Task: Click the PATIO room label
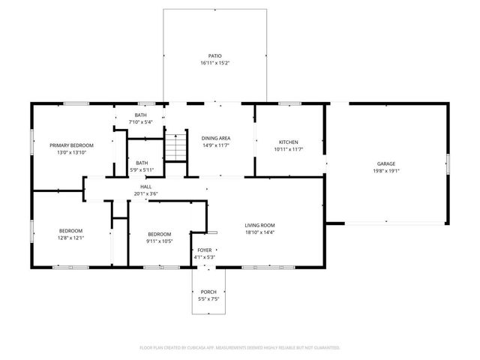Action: click(215, 55)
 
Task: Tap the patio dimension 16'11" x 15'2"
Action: click(215, 63)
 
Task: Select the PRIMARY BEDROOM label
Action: click(72, 145)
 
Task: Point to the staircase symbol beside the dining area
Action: click(174, 147)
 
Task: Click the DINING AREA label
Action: click(215, 138)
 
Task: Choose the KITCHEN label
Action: click(289, 142)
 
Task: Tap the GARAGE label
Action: click(385, 163)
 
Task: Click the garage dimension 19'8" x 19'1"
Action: click(385, 170)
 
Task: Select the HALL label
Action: click(145, 186)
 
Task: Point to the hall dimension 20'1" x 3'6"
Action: click(145, 193)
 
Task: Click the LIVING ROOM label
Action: click(260, 225)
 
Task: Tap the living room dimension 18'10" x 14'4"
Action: click(260, 232)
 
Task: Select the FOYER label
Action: click(205, 250)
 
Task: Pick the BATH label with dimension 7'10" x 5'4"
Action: click(140, 114)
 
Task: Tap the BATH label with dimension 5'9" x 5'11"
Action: click(142, 163)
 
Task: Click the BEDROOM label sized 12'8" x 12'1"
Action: click(72, 230)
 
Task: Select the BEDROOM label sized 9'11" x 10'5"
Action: click(159, 234)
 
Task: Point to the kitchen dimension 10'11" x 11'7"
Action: click(289, 149)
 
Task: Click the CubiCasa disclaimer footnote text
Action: click(240, 347)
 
